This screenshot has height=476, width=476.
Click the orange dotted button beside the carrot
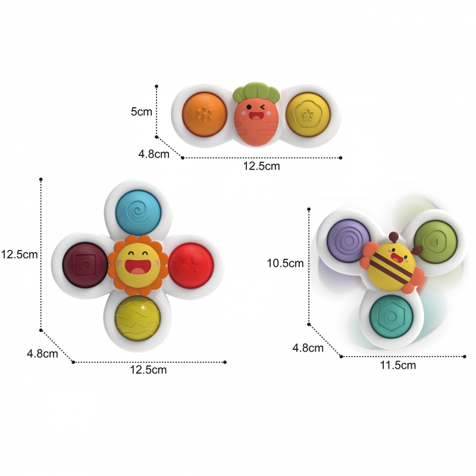(205, 114)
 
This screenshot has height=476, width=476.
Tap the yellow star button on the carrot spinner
(308, 114)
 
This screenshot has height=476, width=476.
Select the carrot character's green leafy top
(256, 92)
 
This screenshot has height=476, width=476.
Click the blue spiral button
(138, 212)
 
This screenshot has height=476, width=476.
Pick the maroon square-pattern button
(85, 265)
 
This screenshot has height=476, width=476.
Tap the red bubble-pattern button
(190, 265)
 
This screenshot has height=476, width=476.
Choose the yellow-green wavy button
(137, 318)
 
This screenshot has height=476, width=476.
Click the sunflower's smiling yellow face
(138, 265)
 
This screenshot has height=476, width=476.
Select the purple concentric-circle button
(349, 241)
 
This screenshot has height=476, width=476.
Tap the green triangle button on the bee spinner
(436, 242)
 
